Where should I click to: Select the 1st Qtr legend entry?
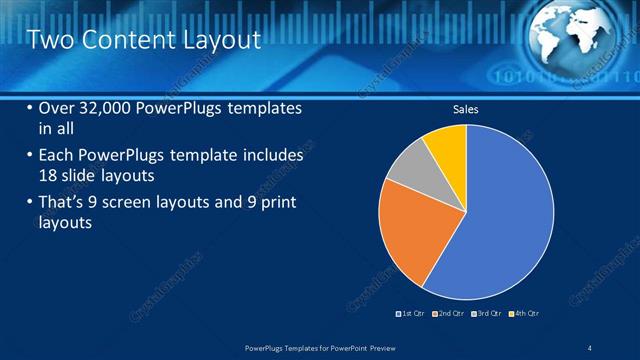pyautogui.click(x=411, y=314)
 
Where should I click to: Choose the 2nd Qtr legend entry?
pyautogui.click(x=449, y=314)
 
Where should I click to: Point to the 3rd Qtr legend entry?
pyautogui.click(x=486, y=314)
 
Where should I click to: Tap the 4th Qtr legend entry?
pyautogui.click(x=524, y=314)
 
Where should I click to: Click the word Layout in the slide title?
pyautogui.click(x=215, y=40)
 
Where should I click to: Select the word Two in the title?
pyautogui.click(x=46, y=40)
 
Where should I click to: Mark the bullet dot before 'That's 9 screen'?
pyautogui.click(x=29, y=203)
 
